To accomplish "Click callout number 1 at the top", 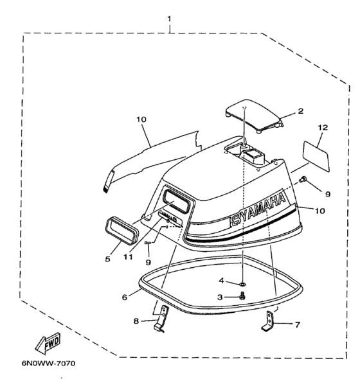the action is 169,19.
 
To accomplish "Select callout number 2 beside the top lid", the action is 300,111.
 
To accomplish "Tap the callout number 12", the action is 323,127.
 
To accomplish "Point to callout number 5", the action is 107,259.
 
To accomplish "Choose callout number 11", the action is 128,257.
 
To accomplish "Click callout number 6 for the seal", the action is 124,297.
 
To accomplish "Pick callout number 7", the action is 298,324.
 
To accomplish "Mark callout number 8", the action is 136,321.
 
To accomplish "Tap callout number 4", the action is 222,281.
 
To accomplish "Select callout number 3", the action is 220,297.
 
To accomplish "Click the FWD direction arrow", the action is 48,344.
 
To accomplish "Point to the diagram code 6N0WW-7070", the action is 49,364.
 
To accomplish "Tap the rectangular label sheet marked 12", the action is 316,156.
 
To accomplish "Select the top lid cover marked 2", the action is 254,116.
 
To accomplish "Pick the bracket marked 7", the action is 268,321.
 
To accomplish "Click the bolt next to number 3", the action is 242,296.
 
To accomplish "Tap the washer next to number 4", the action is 243,283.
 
